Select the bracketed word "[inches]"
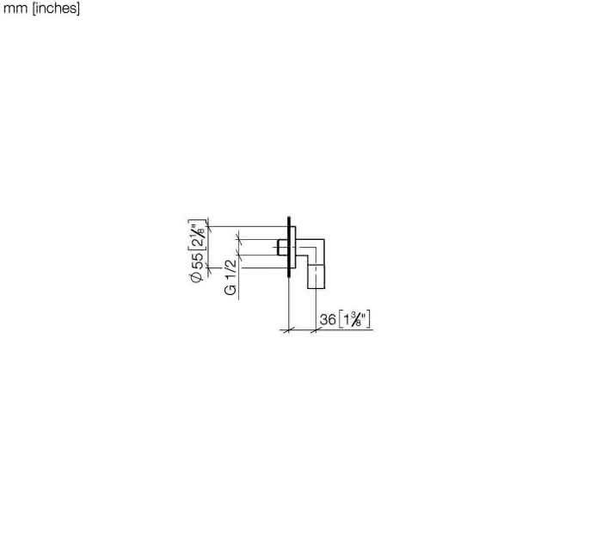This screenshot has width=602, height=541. click(x=57, y=8)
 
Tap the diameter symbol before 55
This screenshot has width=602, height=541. click(x=197, y=276)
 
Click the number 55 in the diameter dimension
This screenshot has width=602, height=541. click(x=197, y=261)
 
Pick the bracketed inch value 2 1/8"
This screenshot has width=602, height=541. click(x=197, y=235)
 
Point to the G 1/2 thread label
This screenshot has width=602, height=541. click(x=230, y=277)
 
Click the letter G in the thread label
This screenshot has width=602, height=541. click(x=230, y=289)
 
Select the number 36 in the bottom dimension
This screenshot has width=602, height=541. click(x=328, y=319)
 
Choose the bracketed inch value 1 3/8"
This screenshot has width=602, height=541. click(x=355, y=319)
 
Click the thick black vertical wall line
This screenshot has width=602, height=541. click(x=288, y=246)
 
